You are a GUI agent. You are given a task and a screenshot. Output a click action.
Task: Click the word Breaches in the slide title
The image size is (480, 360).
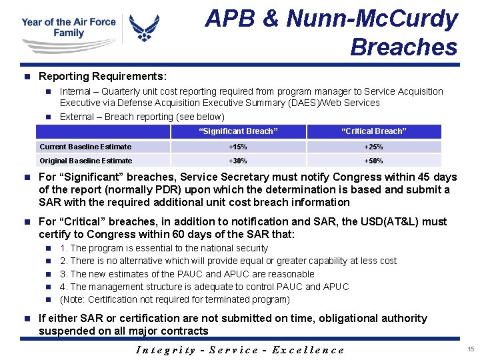[x=403, y=47]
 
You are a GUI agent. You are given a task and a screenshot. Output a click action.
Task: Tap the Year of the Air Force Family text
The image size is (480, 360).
[x=69, y=27]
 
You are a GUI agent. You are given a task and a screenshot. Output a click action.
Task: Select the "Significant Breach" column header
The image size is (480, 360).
[x=239, y=131]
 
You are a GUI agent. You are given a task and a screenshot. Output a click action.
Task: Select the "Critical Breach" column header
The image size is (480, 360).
[x=373, y=131]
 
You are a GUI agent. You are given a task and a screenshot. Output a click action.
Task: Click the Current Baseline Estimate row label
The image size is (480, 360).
[x=85, y=147]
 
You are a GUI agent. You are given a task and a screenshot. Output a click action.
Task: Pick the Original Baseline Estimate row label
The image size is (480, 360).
[x=86, y=161]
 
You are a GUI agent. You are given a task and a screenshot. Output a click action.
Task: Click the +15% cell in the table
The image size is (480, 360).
[x=239, y=147]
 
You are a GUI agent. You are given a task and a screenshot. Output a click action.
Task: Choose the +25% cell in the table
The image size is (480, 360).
[x=373, y=147]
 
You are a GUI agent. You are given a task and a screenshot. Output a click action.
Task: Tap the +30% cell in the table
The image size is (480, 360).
[x=239, y=161]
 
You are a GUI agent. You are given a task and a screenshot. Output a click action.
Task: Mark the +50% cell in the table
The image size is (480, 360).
[x=373, y=161]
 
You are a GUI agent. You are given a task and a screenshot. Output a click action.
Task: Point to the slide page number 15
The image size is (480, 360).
[x=471, y=349]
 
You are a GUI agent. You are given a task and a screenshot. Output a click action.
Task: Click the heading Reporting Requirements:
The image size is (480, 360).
[x=103, y=77]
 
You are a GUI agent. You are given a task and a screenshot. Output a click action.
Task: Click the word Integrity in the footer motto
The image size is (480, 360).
[x=166, y=350]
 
